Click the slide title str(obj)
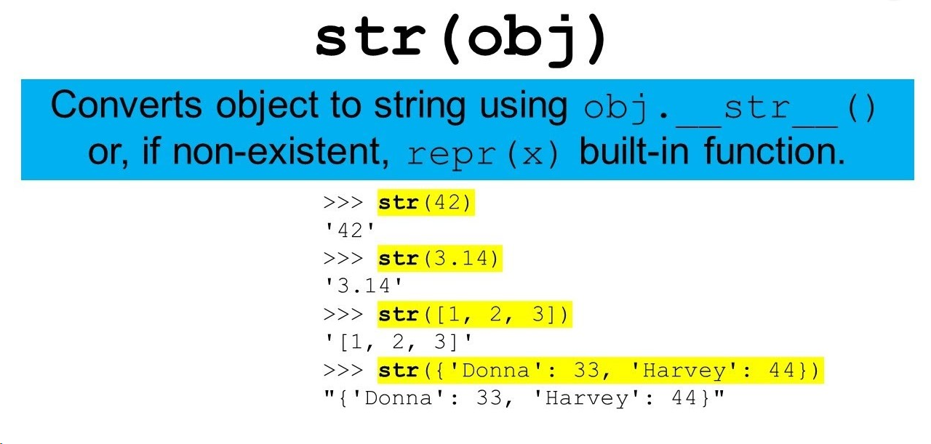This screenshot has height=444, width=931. (x=460, y=39)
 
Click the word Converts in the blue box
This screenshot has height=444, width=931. (x=127, y=105)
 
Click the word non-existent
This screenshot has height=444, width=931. (x=281, y=151)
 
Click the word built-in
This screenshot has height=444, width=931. (x=634, y=151)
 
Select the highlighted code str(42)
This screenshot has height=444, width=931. (x=425, y=203)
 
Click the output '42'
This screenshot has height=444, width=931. (x=350, y=230)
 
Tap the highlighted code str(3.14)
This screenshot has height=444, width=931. (x=440, y=259)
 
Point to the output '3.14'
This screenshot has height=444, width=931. (x=364, y=286)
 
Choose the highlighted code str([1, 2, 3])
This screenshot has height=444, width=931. (x=475, y=315)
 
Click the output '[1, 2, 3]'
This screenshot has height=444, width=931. (x=399, y=342)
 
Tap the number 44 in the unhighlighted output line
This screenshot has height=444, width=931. (x=684, y=398)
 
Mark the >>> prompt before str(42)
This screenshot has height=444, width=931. (x=343, y=203)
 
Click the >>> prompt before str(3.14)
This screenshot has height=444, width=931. (x=343, y=259)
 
